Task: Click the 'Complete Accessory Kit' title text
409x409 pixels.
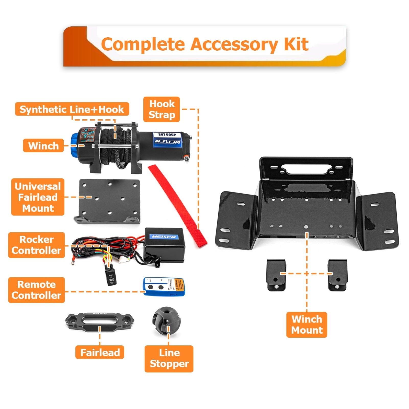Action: tap(204, 44)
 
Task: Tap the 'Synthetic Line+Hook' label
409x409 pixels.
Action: tap(72, 109)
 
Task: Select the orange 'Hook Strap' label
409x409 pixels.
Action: tap(162, 109)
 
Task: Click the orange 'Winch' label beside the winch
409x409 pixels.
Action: tap(43, 146)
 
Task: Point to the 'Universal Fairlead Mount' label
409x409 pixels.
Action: tap(38, 197)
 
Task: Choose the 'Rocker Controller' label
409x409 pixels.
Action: tap(36, 245)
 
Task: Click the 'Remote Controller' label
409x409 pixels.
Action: tap(36, 290)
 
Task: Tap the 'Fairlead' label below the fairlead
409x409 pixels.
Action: tap(100, 353)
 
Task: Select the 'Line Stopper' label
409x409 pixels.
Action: tap(169, 358)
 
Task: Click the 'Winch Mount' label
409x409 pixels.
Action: tap(306, 325)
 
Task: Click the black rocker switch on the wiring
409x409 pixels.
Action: tap(111, 275)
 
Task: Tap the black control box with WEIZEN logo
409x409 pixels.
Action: tap(165, 244)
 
